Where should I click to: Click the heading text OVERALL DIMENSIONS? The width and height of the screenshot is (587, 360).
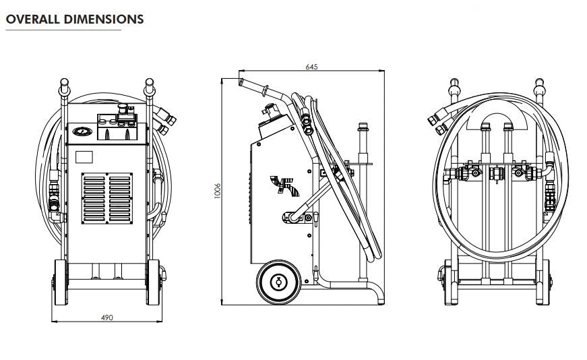click(x=74, y=20)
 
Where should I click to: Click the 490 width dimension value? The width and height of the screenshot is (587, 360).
click(x=106, y=317)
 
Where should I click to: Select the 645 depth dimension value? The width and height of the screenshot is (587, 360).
click(x=311, y=67)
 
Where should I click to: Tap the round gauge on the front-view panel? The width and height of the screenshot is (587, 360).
click(x=82, y=132)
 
